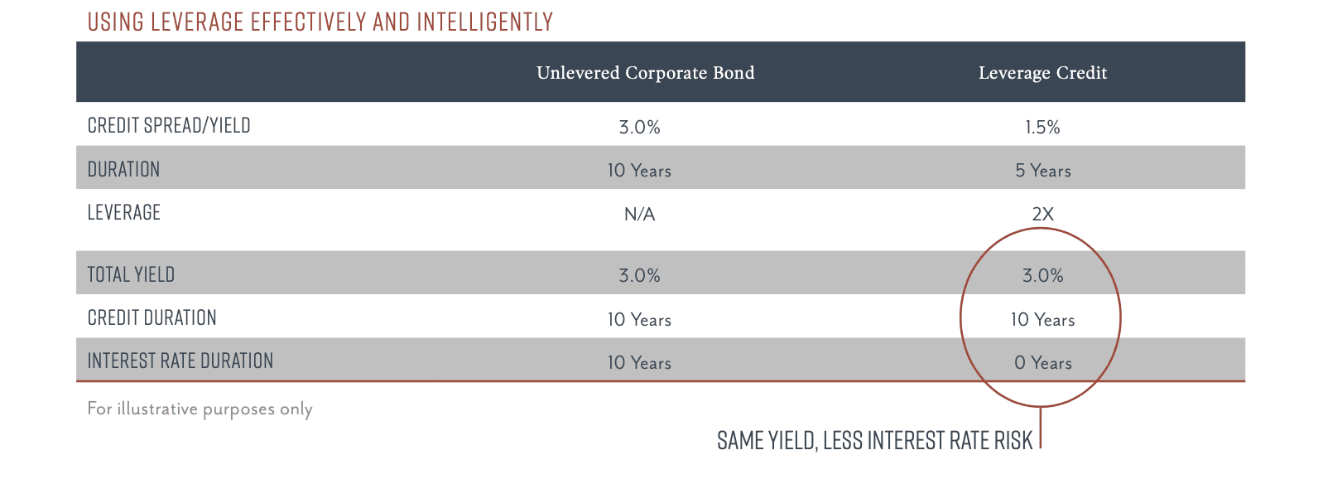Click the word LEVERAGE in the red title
coord(197,22)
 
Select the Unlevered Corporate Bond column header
coord(645,73)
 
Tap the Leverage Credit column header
coord(1042,73)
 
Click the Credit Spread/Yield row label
coord(169,125)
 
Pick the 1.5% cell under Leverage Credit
coord(1042,127)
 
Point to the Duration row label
coord(123,170)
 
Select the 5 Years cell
coord(1042,171)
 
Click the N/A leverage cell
coord(640,214)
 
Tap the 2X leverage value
coord(1042,214)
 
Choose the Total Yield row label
coord(131,275)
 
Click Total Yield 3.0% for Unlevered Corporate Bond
coord(640,275)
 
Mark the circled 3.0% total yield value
coord(1042,275)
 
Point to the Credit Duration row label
coord(152,318)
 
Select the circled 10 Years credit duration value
coord(1042,320)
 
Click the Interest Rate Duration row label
coord(180,361)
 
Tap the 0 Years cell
coord(1042,363)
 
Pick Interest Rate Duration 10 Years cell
coord(640,363)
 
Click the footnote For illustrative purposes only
coord(200,409)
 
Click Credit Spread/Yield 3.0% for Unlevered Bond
coord(640,127)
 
